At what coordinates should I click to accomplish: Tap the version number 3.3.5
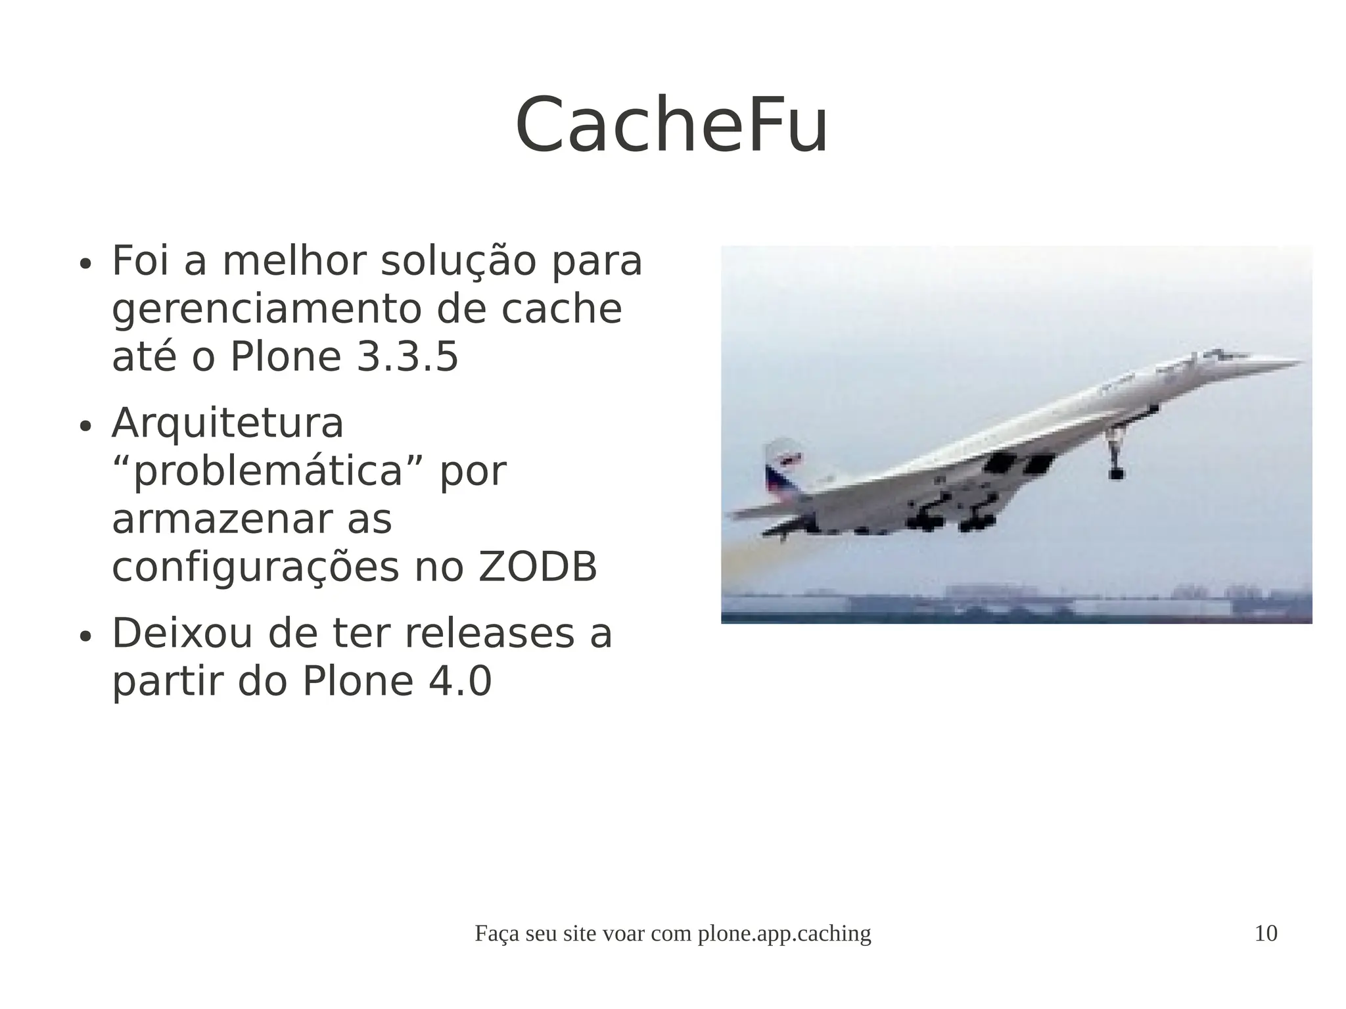click(407, 358)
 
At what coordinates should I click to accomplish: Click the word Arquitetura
click(227, 423)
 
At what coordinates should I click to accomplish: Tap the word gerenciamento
click(266, 310)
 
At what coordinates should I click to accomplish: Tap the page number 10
click(1266, 933)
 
